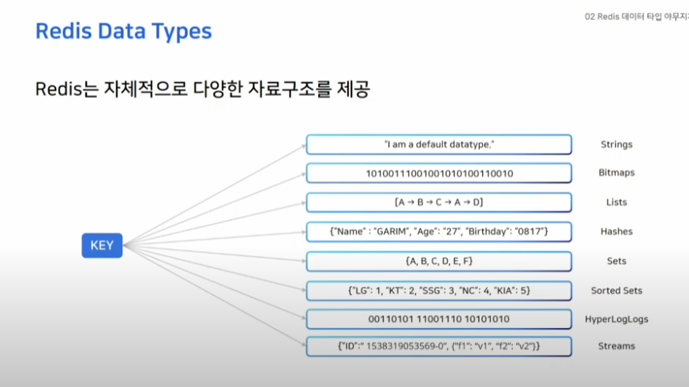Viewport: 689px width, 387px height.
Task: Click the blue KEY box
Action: point(102,245)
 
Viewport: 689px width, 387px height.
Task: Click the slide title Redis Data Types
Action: point(123,32)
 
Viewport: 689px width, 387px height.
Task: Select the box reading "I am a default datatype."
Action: point(439,144)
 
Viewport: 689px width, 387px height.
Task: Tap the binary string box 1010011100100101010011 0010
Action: point(439,173)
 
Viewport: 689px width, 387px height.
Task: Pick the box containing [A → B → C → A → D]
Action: point(439,203)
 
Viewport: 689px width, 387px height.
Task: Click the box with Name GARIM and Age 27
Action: point(439,232)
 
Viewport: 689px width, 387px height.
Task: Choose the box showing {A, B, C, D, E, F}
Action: point(439,261)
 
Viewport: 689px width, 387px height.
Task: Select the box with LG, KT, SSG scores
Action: point(439,291)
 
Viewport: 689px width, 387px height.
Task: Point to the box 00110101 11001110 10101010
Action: point(439,319)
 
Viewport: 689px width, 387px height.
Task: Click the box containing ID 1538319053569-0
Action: point(439,346)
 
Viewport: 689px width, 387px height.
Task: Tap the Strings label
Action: point(616,145)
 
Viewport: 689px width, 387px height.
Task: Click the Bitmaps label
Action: point(616,173)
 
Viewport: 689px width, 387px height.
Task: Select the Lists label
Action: point(616,203)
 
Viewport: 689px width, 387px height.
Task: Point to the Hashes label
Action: point(616,231)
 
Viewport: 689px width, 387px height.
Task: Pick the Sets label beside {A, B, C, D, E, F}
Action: point(616,261)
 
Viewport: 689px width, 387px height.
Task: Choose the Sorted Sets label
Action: point(616,291)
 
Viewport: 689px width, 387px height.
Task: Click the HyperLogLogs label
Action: point(616,319)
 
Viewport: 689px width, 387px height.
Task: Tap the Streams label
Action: point(616,346)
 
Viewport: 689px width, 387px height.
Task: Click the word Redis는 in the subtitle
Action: point(66,89)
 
